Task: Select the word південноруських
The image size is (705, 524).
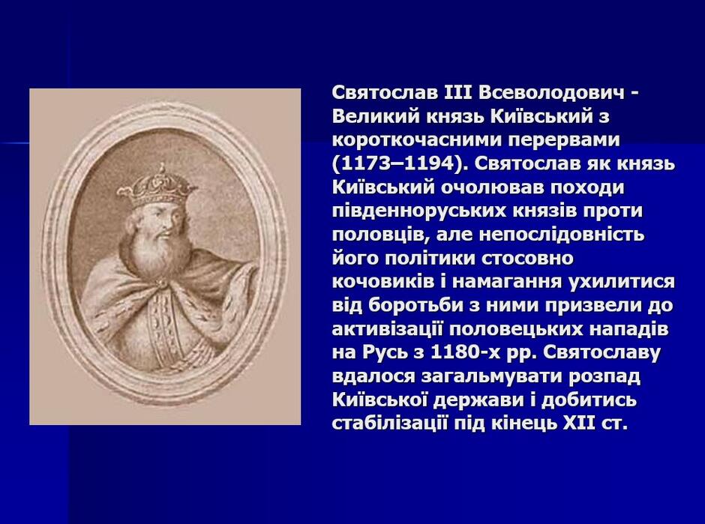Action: [x=420, y=211]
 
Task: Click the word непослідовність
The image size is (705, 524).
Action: [x=562, y=234]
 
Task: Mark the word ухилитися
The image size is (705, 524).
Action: [x=622, y=281]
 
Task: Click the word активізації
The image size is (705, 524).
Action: [x=388, y=329]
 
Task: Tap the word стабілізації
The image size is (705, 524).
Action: [x=389, y=423]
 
